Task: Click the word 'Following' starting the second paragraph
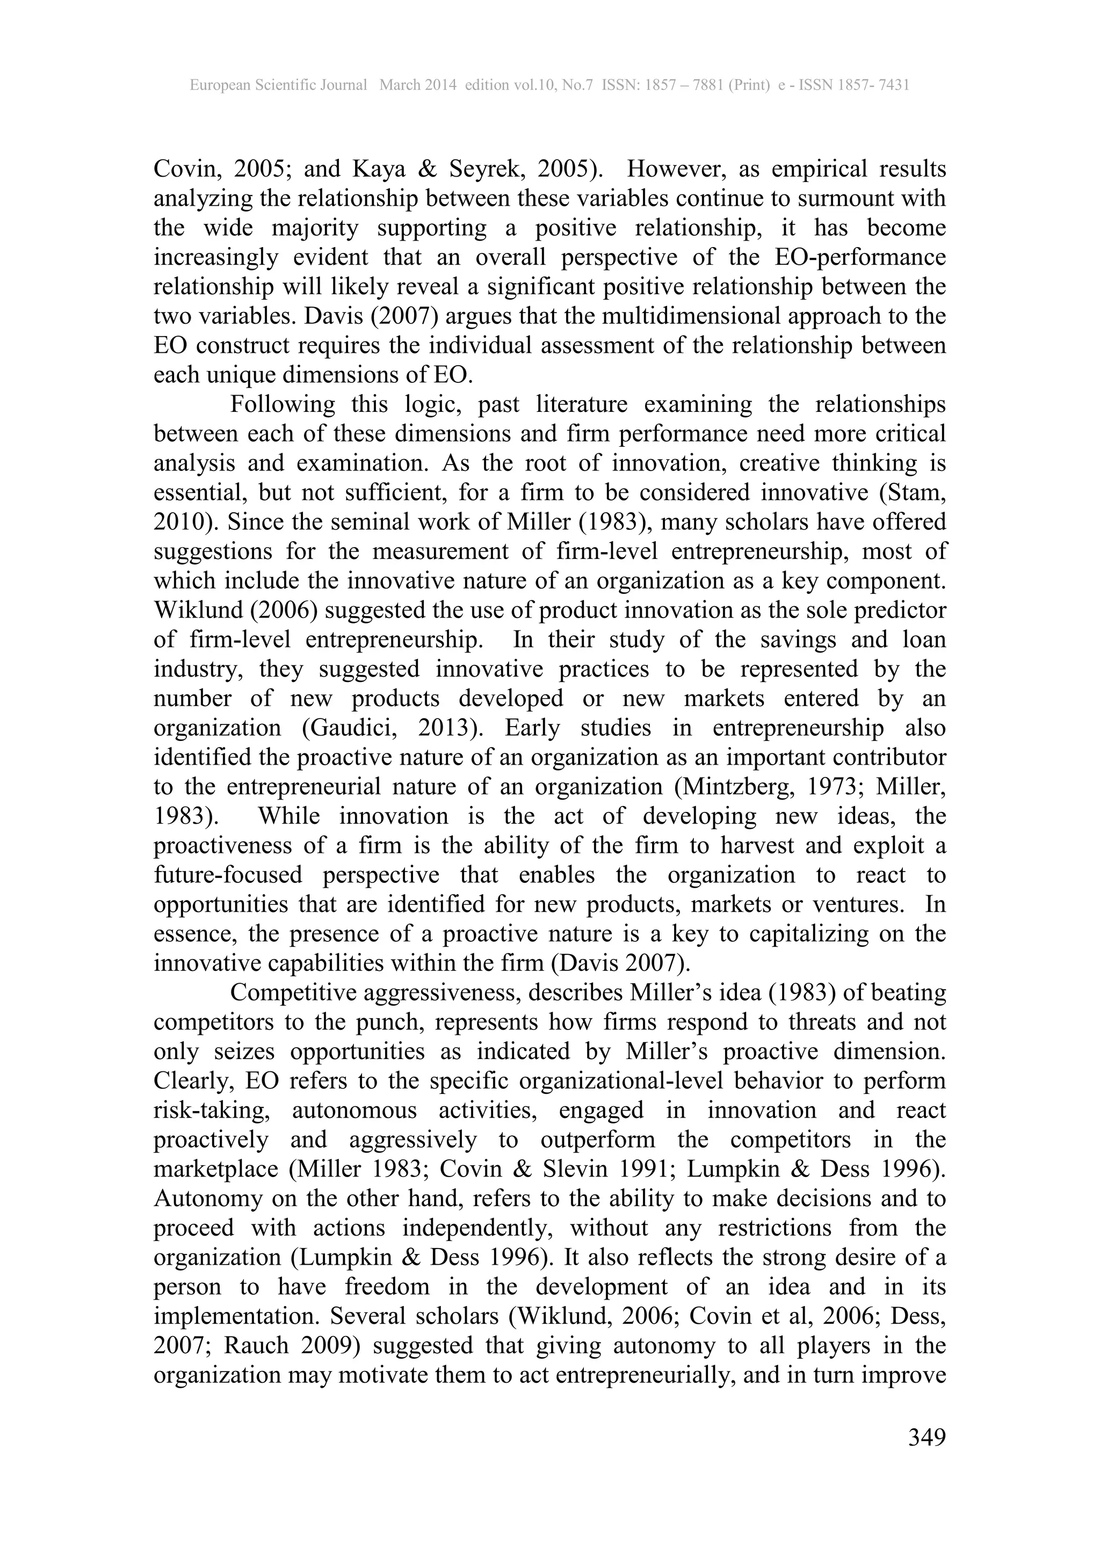click(x=283, y=404)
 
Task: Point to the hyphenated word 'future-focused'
click(x=228, y=875)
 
